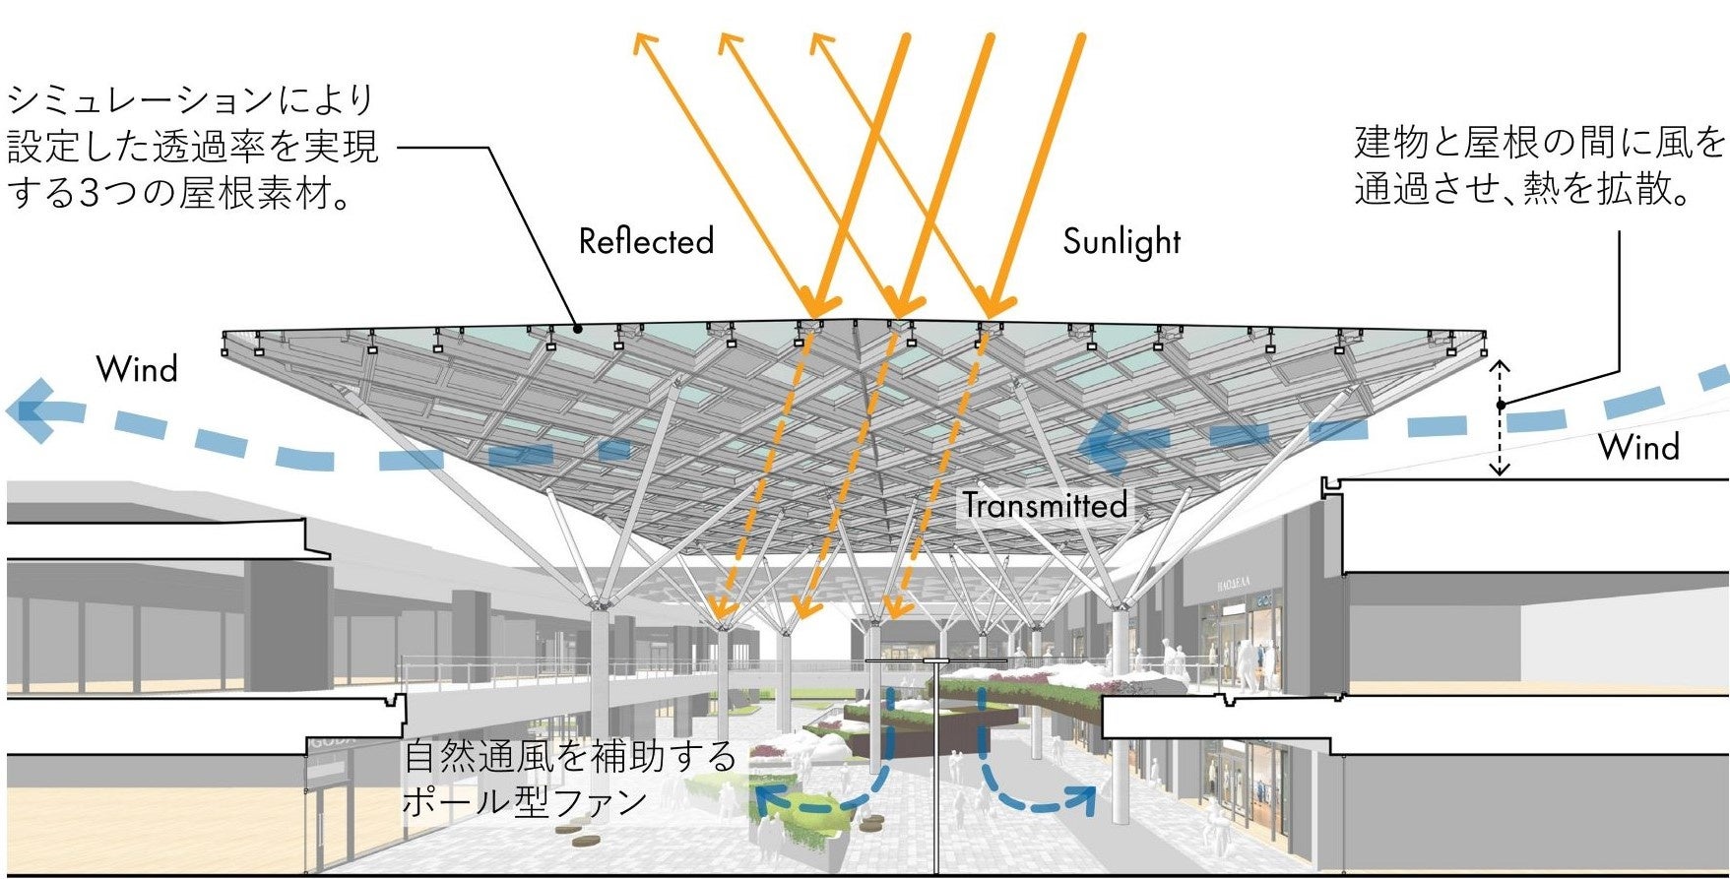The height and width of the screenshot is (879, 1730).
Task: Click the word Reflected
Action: click(x=646, y=241)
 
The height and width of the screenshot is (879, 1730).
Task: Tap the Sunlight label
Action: click(x=1121, y=241)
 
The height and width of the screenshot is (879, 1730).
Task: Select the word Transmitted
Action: click(x=1045, y=505)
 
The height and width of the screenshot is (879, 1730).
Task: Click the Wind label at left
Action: click(x=137, y=369)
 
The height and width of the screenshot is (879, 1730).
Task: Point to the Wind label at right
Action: click(x=1637, y=447)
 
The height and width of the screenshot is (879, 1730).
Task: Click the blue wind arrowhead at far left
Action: click(x=30, y=410)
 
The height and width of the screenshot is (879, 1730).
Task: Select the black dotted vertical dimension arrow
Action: click(x=1500, y=418)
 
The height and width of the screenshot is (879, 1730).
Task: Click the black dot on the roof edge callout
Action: click(x=578, y=328)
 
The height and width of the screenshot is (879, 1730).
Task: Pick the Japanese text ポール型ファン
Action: click(x=524, y=801)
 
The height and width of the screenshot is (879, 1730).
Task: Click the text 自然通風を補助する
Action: click(x=570, y=757)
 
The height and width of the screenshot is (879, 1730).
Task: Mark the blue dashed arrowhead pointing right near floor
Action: click(x=1088, y=797)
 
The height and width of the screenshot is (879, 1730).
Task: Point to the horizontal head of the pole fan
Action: click(x=907, y=660)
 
